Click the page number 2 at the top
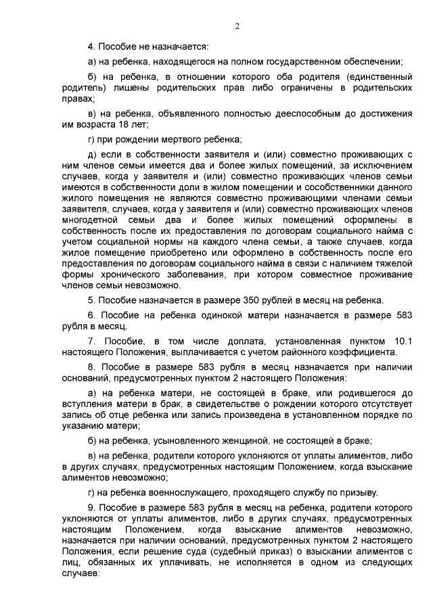click(x=237, y=26)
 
